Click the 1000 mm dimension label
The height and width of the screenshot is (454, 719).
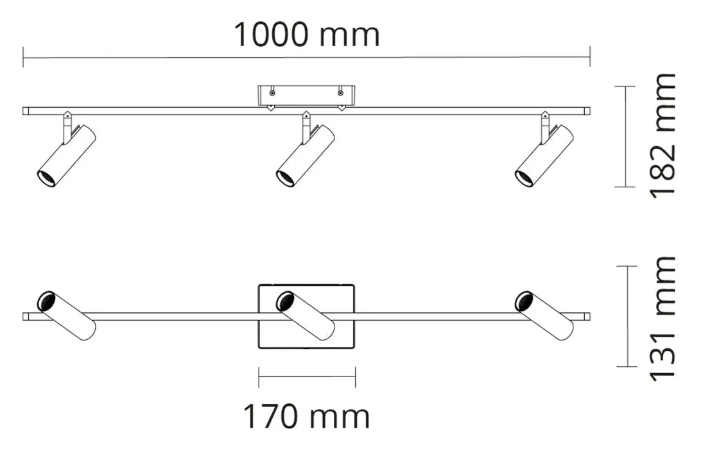tap(307, 35)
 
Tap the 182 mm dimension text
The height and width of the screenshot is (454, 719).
tap(663, 135)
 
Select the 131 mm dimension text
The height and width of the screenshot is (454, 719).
tap(663, 319)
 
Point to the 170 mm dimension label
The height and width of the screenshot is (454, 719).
tap(306, 416)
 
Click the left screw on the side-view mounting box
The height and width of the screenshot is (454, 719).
tap(272, 94)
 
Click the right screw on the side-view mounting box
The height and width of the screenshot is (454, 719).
tap(340, 94)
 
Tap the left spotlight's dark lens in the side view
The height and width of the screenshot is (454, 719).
tap(46, 178)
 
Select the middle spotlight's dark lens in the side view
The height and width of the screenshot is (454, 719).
tap(285, 178)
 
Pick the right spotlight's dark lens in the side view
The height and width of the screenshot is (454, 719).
tap(524, 178)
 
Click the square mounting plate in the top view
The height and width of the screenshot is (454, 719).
tap(306, 317)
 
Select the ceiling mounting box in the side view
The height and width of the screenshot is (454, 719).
tap(306, 96)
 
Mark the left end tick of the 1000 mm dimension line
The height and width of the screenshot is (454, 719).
tap(23, 57)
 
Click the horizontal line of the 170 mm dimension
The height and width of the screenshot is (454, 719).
tap(307, 376)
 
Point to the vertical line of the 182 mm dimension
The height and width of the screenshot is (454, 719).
tap(625, 137)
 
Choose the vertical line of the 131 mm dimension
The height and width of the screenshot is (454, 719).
tap(627, 316)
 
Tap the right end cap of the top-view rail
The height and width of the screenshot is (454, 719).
tap(587, 317)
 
